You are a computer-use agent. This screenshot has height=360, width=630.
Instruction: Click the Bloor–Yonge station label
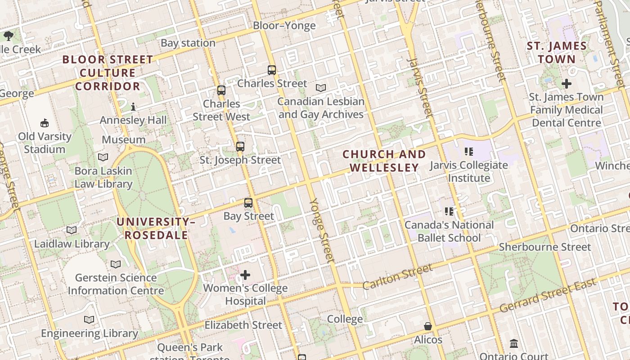284,26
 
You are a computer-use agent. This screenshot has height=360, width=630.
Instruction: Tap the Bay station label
188,43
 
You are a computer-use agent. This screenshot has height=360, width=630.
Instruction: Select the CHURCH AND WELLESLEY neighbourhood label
384,161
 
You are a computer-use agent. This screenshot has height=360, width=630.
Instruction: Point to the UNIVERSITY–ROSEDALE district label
156,228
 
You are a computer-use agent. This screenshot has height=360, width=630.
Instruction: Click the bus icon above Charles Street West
221,90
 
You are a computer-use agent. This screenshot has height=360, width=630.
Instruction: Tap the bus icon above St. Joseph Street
240,146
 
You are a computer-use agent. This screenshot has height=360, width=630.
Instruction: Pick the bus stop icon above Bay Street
248,202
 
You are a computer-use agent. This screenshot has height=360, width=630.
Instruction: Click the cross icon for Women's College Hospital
245,274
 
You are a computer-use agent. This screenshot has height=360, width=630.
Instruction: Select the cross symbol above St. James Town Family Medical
567,83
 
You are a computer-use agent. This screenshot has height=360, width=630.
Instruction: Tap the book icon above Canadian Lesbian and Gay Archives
320,88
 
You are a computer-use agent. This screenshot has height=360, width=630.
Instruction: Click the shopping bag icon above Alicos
428,326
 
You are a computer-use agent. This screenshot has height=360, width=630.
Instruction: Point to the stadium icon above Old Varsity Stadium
45,123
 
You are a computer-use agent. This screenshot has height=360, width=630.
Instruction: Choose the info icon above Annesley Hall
133,107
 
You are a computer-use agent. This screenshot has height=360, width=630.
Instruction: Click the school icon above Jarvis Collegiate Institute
469,152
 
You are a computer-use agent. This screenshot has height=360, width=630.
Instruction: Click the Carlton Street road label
397,276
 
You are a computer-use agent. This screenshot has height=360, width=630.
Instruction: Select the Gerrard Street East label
548,296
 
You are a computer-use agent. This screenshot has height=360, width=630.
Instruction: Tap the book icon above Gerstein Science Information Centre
116,264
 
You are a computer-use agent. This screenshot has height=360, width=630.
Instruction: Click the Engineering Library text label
89,333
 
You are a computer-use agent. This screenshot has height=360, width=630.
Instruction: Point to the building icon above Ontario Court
514,344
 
